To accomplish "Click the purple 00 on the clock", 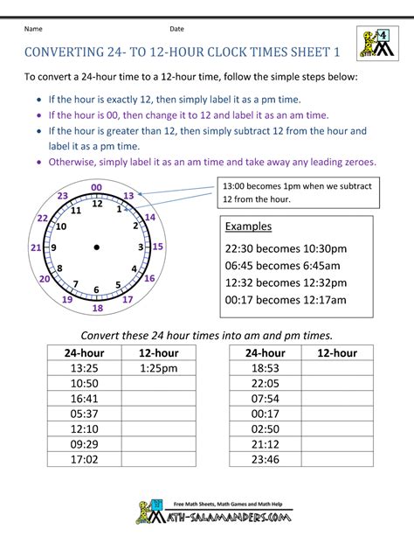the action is pyautogui.click(x=96, y=187).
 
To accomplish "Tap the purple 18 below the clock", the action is pyautogui.click(x=97, y=308).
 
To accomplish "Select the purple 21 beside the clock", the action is pyautogui.click(x=36, y=248).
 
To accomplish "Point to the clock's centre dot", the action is pyautogui.click(x=96, y=247).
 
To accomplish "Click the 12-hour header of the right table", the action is pyautogui.click(x=336, y=353).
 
